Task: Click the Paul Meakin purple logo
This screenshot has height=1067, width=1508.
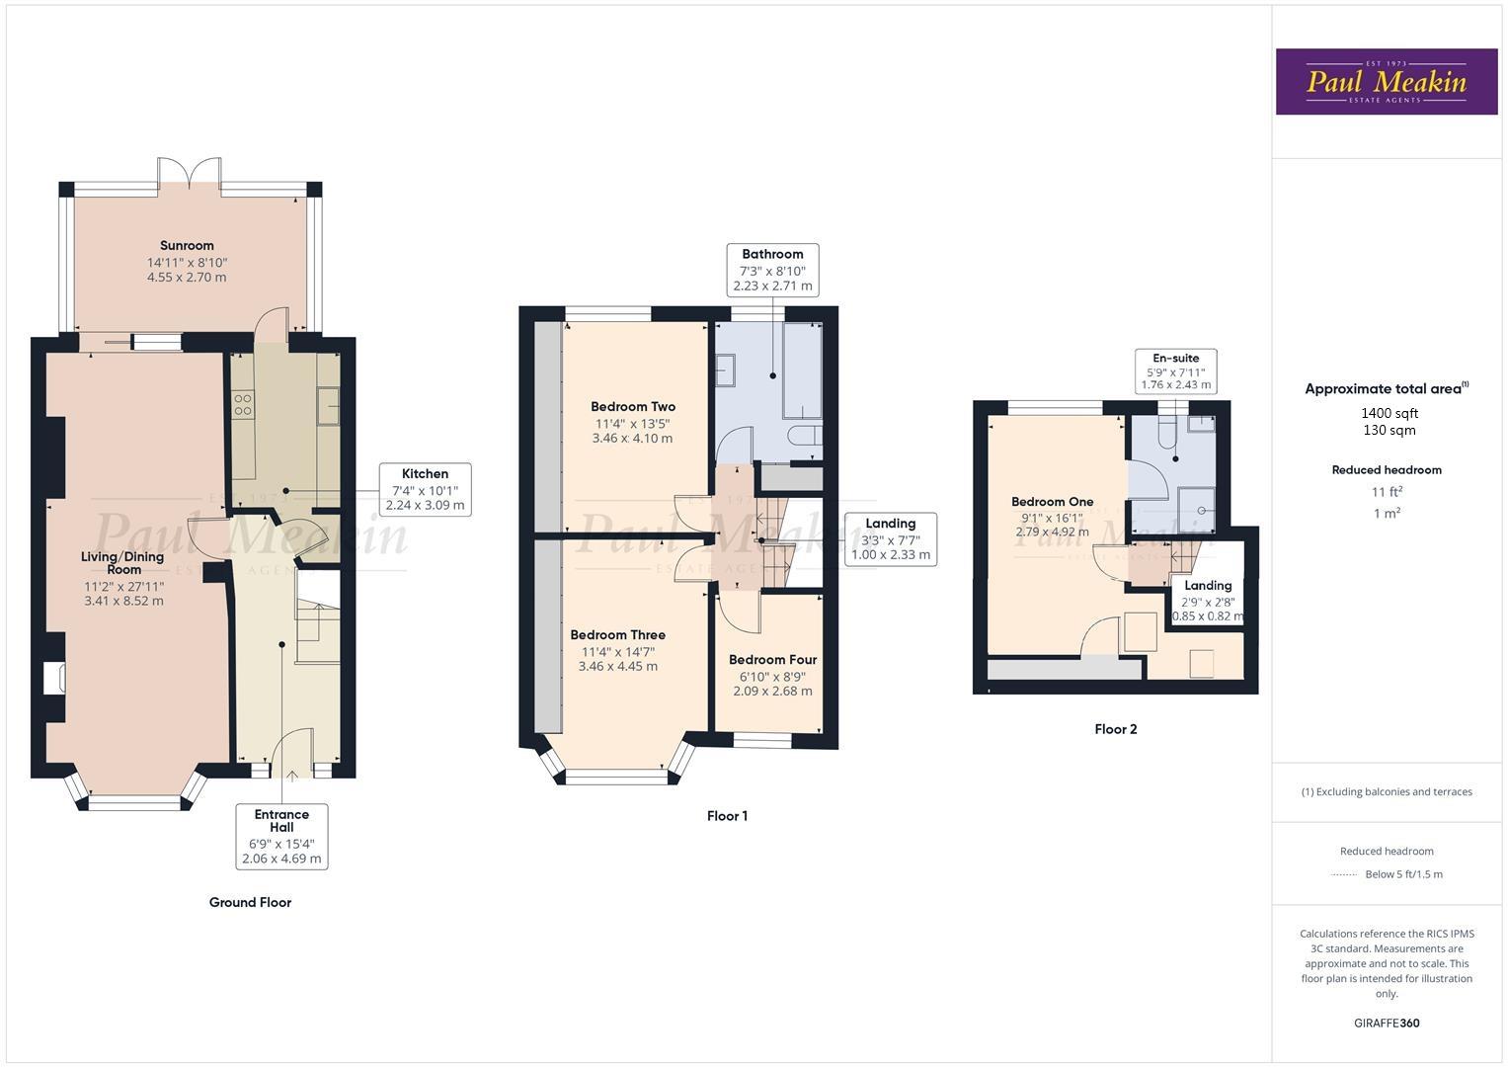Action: (1386, 81)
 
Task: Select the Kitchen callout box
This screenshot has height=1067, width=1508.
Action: (425, 489)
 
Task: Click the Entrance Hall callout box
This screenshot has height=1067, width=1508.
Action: (281, 836)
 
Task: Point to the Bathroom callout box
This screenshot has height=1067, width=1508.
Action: (772, 270)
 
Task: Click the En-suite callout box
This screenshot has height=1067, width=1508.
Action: (1175, 371)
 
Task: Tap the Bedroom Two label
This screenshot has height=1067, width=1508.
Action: (632, 406)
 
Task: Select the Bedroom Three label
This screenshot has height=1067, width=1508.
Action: (617, 635)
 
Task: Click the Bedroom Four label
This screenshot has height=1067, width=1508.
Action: (772, 660)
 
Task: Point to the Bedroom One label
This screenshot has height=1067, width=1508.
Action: (1052, 502)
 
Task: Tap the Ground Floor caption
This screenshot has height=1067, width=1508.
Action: (250, 902)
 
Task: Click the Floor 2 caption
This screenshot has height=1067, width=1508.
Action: (1115, 729)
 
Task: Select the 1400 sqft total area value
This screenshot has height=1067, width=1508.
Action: (1389, 413)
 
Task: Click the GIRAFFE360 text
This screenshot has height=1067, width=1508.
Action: (1386, 1023)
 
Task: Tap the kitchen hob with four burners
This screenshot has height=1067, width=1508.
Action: (243, 404)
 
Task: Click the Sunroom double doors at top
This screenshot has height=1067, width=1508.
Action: (190, 170)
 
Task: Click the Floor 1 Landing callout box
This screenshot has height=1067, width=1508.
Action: (890, 539)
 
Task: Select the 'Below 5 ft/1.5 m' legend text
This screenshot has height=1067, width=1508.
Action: (1402, 874)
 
